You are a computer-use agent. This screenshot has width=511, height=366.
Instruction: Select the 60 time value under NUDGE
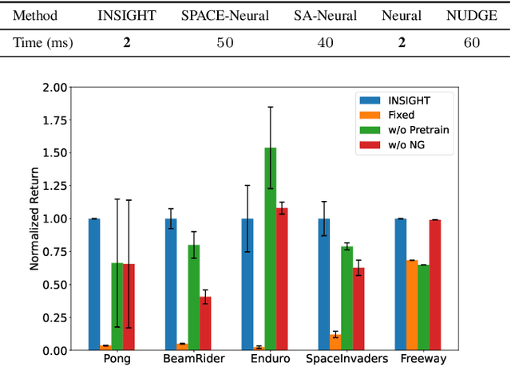click(x=471, y=42)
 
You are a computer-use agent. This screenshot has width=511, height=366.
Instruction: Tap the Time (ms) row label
click(x=44, y=42)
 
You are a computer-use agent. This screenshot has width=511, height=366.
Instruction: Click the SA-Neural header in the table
click(x=325, y=15)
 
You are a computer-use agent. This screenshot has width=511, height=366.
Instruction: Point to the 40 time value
click(x=325, y=42)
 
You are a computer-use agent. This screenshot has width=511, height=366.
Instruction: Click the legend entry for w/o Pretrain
click(x=416, y=131)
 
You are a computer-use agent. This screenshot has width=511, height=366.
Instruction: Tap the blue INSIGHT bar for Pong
click(x=94, y=284)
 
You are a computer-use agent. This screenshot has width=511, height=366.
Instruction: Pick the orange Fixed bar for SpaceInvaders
click(x=335, y=342)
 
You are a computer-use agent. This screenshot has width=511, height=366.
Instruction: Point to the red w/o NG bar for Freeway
click(x=434, y=285)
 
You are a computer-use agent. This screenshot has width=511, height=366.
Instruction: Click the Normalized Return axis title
click(x=35, y=218)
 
